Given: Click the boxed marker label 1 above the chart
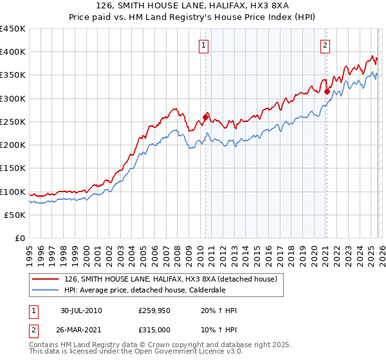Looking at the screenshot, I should pos(203,45).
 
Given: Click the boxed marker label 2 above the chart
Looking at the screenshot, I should pos(326,45).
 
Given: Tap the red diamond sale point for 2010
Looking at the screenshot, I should pos(206,117).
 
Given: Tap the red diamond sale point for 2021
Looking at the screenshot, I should pos(327,91).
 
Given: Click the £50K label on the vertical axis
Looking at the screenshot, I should pos(15,215).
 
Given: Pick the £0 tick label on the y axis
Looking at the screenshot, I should pos(21,239).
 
